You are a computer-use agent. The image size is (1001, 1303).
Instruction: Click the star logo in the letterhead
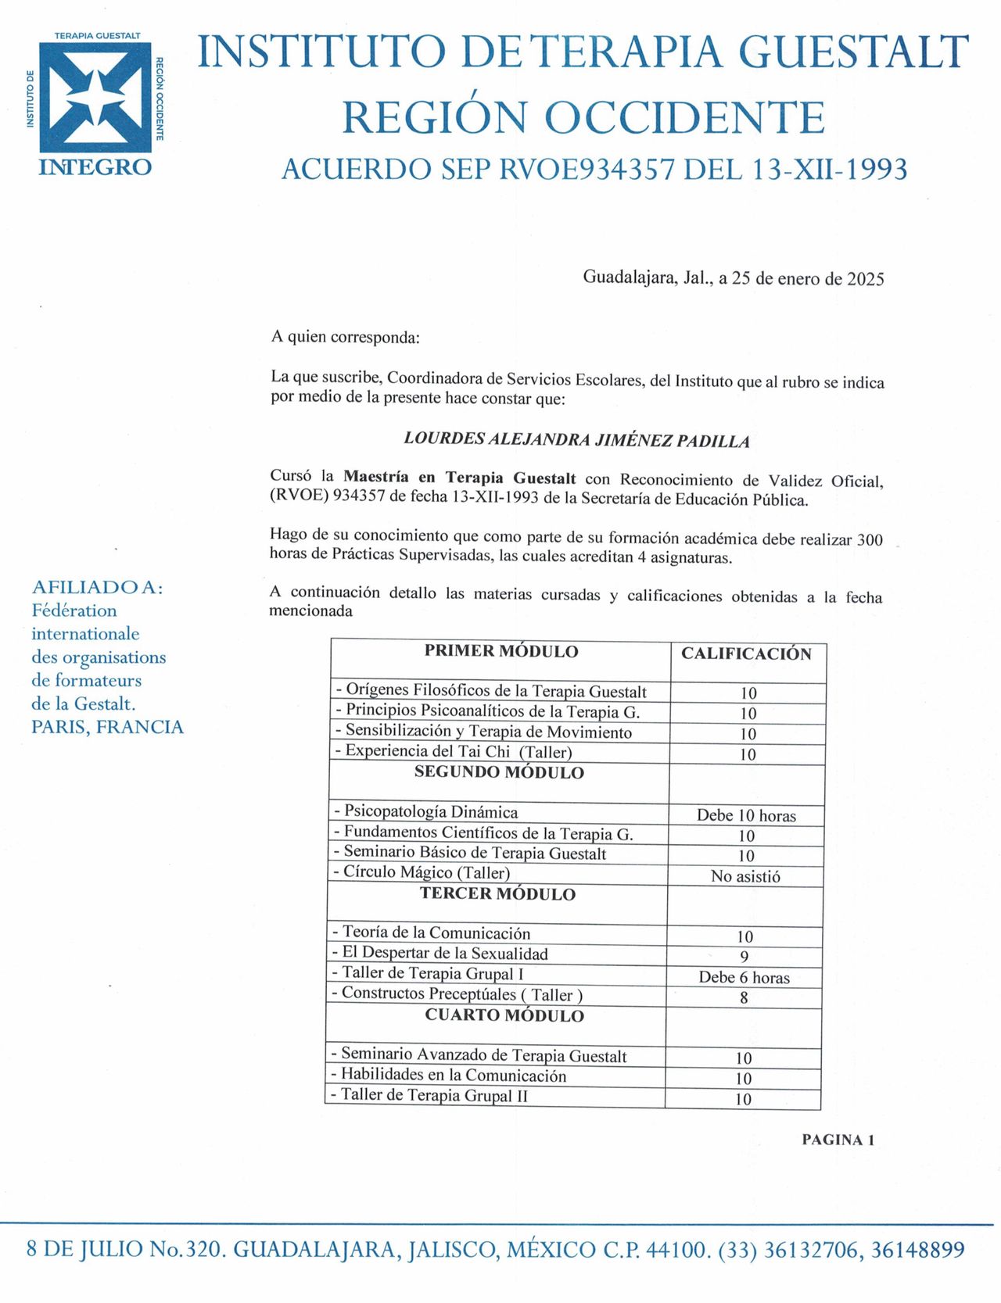click(95, 96)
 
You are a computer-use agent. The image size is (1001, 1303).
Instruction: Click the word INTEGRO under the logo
click(95, 167)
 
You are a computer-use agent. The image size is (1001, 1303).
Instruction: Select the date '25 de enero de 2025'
click(808, 279)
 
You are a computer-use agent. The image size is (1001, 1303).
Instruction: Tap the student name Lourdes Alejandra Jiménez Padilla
click(576, 440)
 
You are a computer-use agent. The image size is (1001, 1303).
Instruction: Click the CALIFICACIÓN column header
click(746, 653)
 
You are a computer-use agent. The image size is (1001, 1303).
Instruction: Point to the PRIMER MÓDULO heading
click(501, 651)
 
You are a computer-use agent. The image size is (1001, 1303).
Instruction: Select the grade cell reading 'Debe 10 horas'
click(746, 815)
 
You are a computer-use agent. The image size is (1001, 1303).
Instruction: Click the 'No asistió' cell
click(745, 876)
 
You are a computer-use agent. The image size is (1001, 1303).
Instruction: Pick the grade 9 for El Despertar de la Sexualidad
click(744, 957)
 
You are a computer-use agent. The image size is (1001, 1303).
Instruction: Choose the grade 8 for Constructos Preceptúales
click(744, 997)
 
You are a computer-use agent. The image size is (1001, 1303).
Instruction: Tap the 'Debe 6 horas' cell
click(744, 977)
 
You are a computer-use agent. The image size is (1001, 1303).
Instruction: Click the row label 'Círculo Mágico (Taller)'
click(426, 872)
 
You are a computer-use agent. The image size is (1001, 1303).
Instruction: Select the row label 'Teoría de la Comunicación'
click(436, 933)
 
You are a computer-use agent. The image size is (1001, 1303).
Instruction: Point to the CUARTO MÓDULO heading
click(504, 1015)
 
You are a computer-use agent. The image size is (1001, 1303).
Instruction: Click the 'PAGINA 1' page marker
click(838, 1140)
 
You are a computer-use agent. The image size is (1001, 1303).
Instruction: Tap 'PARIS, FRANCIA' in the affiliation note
click(107, 727)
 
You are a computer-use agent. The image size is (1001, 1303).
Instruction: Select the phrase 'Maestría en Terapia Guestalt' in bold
click(460, 478)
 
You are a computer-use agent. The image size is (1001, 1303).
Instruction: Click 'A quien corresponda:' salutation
click(345, 338)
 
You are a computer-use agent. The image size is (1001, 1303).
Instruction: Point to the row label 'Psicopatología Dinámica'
click(430, 811)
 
